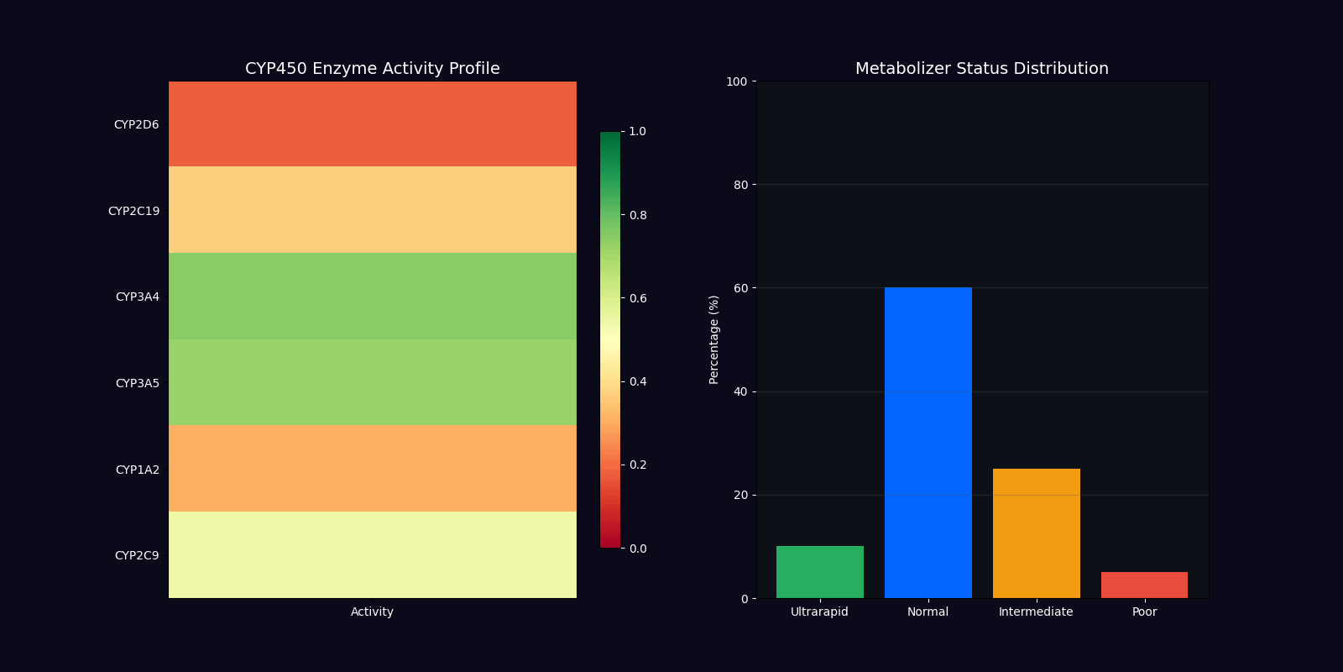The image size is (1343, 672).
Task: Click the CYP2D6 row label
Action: (136, 125)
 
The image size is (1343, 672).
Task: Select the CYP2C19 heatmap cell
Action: (373, 210)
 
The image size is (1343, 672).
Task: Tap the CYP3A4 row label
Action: (137, 297)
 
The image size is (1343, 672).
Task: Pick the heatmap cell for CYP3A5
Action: (373, 382)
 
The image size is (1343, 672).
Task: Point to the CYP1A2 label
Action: (137, 470)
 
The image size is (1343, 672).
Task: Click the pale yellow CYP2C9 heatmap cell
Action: (373, 554)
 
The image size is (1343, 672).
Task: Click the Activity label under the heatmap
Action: (372, 612)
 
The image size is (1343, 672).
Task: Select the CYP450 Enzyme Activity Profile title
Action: (372, 69)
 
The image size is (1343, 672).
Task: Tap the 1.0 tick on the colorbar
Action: (637, 132)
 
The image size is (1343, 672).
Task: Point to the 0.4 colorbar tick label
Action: (637, 382)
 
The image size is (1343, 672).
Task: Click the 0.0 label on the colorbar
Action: (637, 549)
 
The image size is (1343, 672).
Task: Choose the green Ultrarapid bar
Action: (819, 572)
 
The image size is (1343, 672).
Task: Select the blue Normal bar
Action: (928, 443)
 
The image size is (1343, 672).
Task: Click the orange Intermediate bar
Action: (1036, 533)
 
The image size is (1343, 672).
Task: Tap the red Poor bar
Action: (1144, 585)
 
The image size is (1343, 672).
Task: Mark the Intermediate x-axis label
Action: (1036, 612)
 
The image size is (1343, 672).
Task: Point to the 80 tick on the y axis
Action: (740, 185)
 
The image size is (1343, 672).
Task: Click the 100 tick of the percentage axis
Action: (737, 81)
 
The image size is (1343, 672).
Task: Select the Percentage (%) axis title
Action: (714, 339)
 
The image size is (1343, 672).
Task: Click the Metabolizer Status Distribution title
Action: (981, 69)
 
